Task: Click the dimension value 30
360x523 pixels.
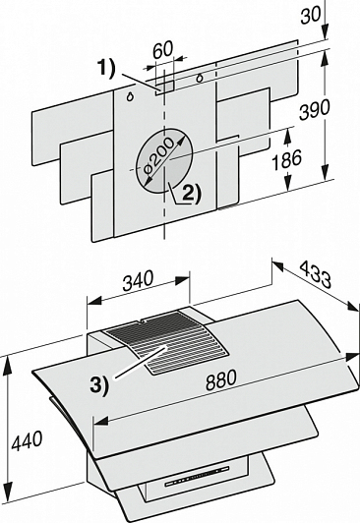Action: [311, 14]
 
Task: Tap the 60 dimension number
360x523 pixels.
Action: [163, 49]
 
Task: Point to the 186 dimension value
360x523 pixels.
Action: [286, 159]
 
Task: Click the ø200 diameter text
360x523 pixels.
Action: [159, 154]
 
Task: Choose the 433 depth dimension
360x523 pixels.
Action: [316, 274]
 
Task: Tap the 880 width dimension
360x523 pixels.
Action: [221, 379]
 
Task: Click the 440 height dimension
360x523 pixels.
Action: [27, 440]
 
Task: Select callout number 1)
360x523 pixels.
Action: [107, 68]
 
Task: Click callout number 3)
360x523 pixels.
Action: [99, 385]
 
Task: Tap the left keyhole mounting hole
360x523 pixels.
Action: [130, 96]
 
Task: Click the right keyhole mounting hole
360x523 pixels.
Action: [200, 79]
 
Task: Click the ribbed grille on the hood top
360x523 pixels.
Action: [165, 340]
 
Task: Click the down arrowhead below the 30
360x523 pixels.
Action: [326, 33]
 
